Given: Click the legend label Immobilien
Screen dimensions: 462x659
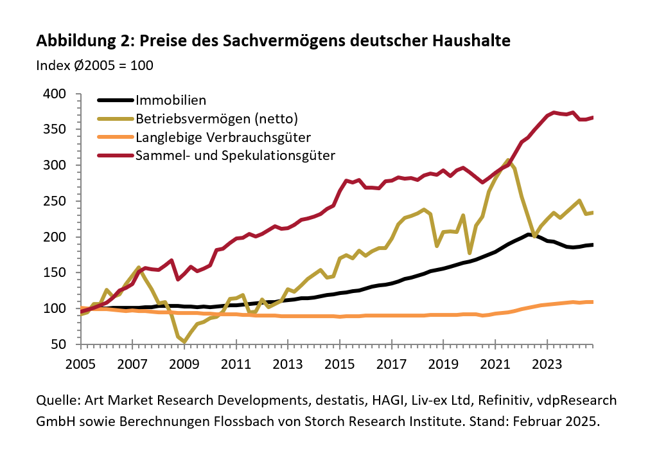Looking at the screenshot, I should tap(170, 100).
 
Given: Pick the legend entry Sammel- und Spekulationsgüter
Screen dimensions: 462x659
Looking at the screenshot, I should tap(236, 155).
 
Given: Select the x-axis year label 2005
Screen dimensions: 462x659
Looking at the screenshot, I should tap(80, 363).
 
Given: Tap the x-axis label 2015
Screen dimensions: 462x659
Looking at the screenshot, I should tap(340, 363).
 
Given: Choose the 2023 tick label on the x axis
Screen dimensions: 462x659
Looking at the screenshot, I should tap(547, 363).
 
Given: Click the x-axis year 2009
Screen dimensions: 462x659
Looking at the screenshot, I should tap(184, 363).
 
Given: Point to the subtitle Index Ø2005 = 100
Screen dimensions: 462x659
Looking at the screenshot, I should tap(94, 66).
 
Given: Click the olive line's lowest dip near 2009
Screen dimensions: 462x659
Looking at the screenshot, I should tap(185, 342).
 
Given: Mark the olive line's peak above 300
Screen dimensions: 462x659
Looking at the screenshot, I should tap(507, 160).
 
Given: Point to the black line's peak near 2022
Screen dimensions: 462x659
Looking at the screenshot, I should tap(528, 235).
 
